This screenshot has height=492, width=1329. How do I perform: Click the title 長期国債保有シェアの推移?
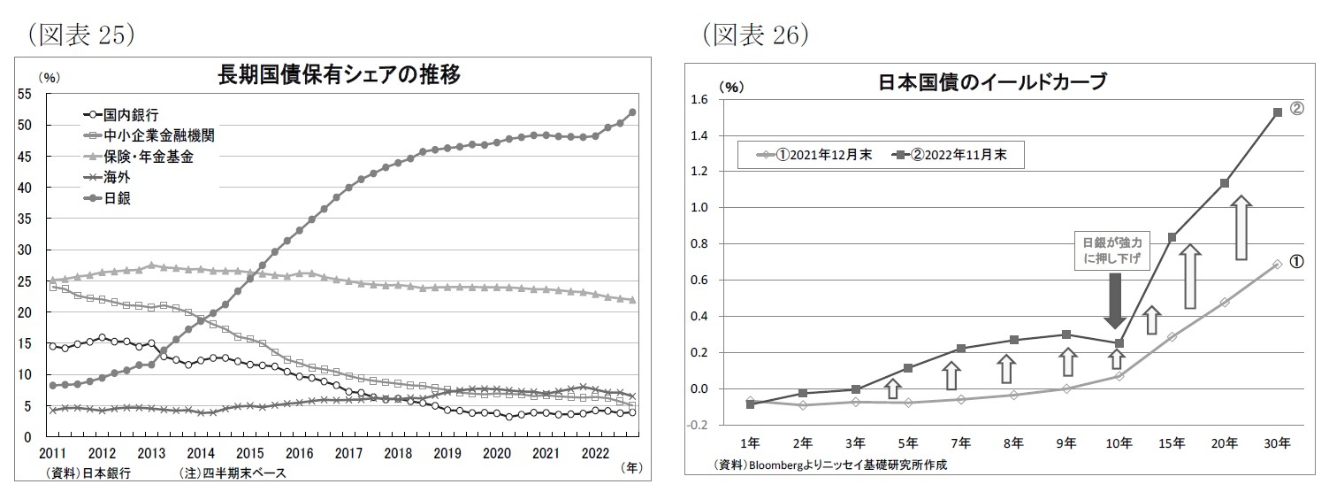tap(339, 75)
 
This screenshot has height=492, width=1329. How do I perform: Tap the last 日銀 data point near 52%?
tap(632, 112)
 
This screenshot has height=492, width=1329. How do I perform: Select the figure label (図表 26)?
tap(756, 33)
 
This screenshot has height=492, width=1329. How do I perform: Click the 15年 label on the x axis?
tap(1172, 442)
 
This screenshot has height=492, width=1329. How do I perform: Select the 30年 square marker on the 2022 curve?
tap(1278, 112)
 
